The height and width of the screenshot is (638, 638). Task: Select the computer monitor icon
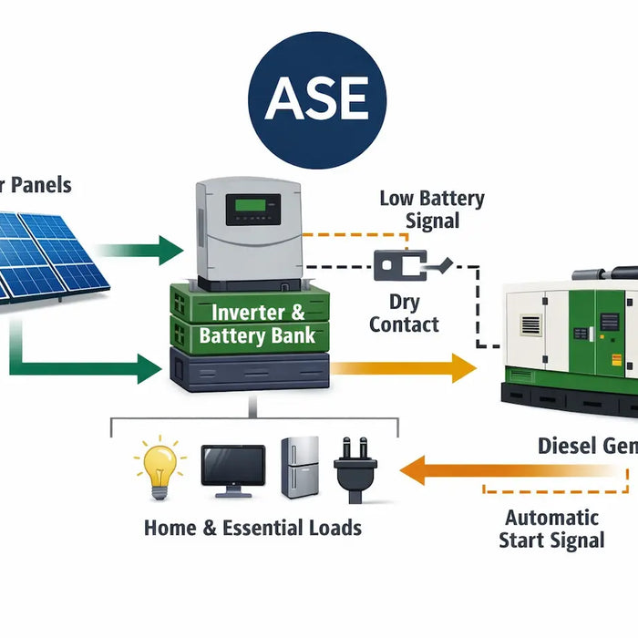232,469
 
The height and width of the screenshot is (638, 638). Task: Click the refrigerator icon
300,467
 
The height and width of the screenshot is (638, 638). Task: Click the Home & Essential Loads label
252,528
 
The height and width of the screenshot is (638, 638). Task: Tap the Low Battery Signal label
432,210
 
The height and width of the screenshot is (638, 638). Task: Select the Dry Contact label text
405,312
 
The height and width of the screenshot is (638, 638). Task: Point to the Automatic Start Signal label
551,529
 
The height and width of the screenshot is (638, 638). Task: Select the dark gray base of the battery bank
249,373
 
